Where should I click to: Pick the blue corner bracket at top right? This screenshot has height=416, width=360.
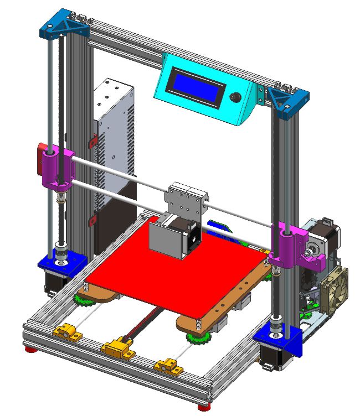point(287,100)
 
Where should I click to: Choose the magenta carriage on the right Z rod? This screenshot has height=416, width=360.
point(288,243)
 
